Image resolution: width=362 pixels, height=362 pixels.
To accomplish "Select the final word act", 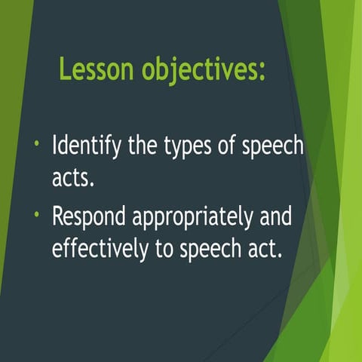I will (267, 248).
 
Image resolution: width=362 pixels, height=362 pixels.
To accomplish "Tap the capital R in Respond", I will (58, 216).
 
